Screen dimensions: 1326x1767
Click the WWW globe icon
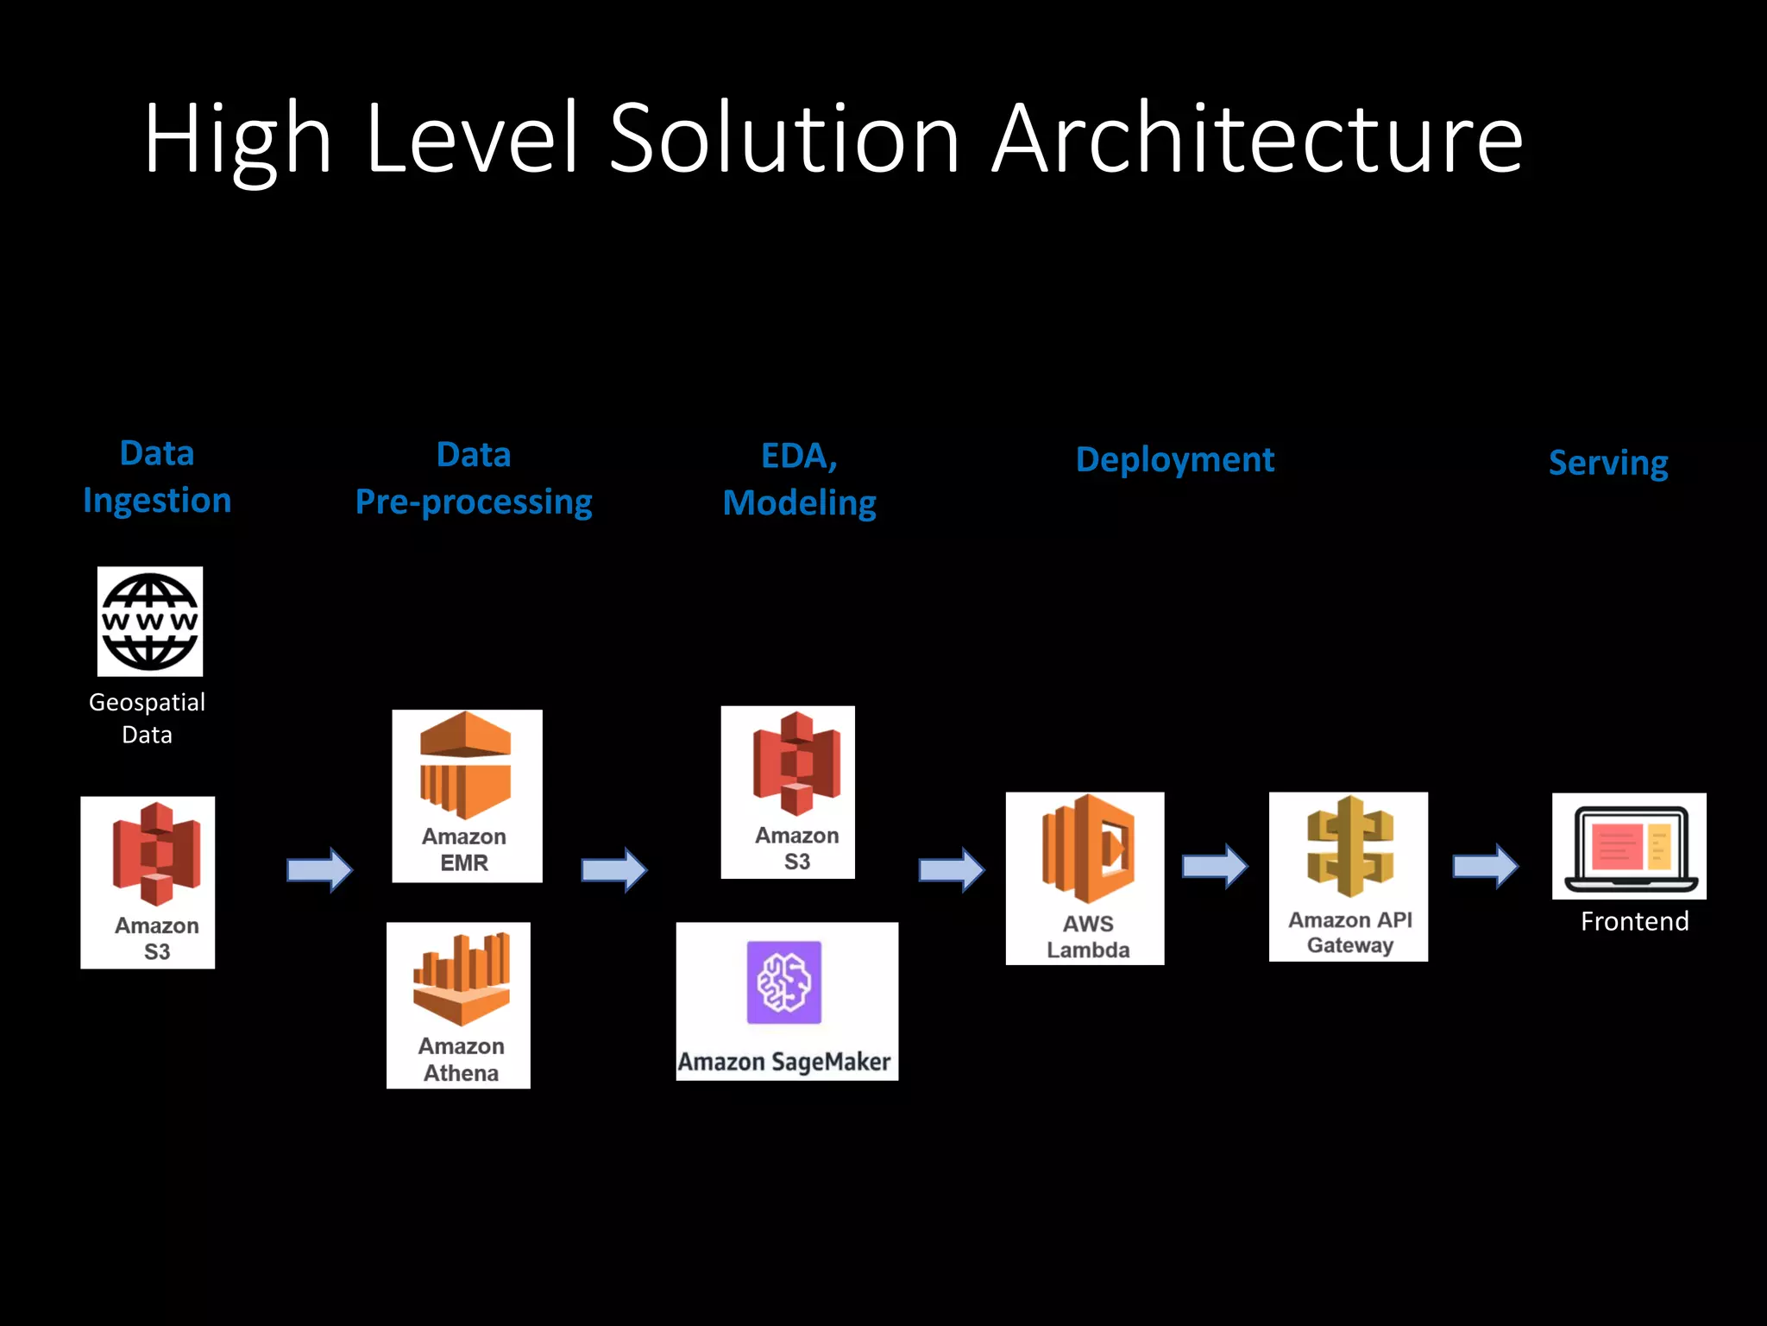click(x=150, y=622)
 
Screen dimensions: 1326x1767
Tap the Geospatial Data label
click(x=148, y=718)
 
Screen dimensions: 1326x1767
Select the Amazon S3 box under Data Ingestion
click(x=148, y=882)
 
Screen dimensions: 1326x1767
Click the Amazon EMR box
click(x=467, y=796)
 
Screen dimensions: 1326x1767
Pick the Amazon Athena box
click(x=458, y=1005)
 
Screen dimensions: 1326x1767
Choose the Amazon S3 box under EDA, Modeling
click(x=788, y=792)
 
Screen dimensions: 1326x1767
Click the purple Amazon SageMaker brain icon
click(x=783, y=982)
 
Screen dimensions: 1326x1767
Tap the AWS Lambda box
click(x=1085, y=878)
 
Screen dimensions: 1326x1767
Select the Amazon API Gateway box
click(x=1348, y=876)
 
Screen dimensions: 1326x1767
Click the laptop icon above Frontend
click(x=1629, y=847)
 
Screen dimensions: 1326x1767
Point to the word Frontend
click(x=1634, y=922)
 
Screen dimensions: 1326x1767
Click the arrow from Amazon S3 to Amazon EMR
click(x=319, y=869)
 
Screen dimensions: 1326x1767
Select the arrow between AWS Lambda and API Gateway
click(x=1215, y=866)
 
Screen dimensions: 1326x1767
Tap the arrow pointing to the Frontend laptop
click(x=1485, y=866)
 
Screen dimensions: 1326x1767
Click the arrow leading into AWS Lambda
click(x=951, y=869)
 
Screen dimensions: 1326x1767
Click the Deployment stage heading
click(x=1174, y=460)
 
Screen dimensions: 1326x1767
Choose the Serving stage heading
click(x=1608, y=464)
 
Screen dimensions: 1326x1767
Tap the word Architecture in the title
click(x=1257, y=138)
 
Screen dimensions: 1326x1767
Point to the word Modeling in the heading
click(x=799, y=503)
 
